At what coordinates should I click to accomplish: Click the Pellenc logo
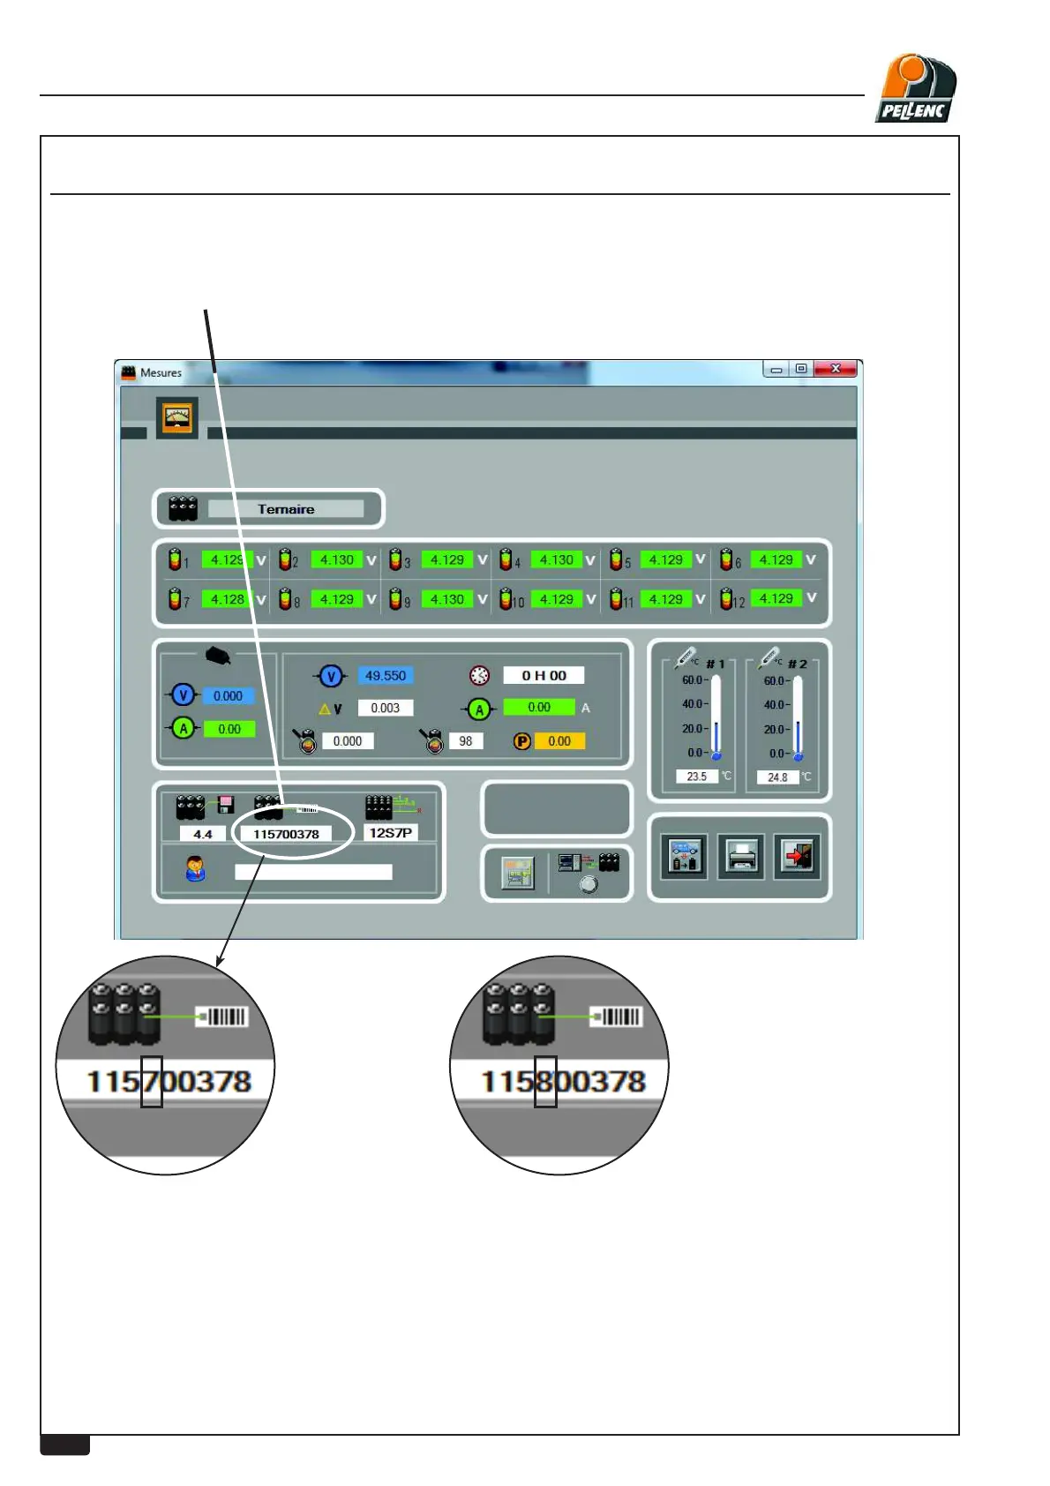(916, 88)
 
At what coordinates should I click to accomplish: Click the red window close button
(835, 369)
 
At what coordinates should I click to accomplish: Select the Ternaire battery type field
(286, 509)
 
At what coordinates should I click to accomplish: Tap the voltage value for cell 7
(228, 599)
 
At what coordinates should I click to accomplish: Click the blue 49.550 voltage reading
(386, 676)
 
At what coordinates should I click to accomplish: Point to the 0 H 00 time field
(544, 676)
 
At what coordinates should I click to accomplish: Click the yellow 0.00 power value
(559, 741)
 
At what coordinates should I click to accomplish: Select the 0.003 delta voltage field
(386, 708)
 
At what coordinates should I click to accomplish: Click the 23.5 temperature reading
(697, 777)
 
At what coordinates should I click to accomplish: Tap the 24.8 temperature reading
(777, 777)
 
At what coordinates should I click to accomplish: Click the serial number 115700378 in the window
(286, 834)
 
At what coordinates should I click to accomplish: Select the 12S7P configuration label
(390, 833)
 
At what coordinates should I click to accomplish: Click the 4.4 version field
(203, 834)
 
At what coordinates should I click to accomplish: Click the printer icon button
(741, 856)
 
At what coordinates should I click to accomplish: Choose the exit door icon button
(797, 856)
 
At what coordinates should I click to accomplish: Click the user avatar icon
(195, 869)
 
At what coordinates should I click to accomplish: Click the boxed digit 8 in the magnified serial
(545, 1081)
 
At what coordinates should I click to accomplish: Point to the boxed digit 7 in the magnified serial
(152, 1081)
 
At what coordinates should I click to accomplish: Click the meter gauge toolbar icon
(177, 417)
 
